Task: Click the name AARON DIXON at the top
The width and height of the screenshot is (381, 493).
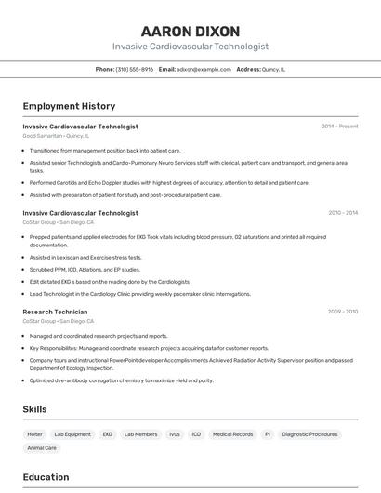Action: pos(190,31)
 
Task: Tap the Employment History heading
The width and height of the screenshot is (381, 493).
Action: pos(69,106)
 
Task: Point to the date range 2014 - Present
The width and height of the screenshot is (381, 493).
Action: pos(339,127)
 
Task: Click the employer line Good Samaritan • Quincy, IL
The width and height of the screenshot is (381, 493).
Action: pos(57,135)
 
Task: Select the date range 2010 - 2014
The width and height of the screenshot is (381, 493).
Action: pos(342,213)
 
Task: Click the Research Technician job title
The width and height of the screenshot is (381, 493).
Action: pos(55,312)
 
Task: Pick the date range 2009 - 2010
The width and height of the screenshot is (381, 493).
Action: pos(342,312)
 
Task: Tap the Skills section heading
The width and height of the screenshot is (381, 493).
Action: pos(35,409)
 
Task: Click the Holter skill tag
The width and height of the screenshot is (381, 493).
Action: pos(34,434)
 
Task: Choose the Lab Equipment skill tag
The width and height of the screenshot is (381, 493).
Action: pos(72,434)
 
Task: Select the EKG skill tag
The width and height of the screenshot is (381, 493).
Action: pos(108,434)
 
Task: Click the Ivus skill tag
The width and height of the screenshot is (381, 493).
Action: pos(174,434)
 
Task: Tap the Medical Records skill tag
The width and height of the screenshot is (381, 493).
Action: pos(232,434)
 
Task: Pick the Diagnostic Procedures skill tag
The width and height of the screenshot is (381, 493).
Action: pos(309,434)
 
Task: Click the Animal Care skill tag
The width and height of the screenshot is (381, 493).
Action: pos(42,448)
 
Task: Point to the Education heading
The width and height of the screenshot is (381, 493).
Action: pos(46,477)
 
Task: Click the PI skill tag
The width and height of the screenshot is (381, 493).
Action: pos(268,434)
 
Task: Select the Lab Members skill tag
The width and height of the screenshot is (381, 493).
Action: pos(140,434)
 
